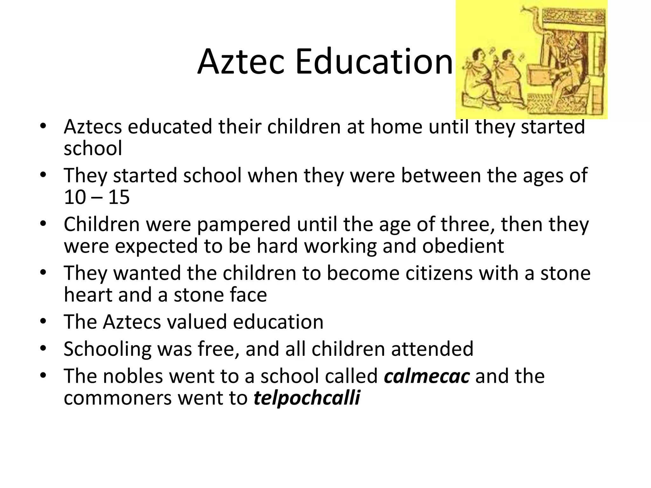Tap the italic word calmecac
(x=427, y=376)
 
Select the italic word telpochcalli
(x=307, y=398)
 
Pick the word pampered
(x=243, y=224)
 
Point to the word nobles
(x=134, y=376)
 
